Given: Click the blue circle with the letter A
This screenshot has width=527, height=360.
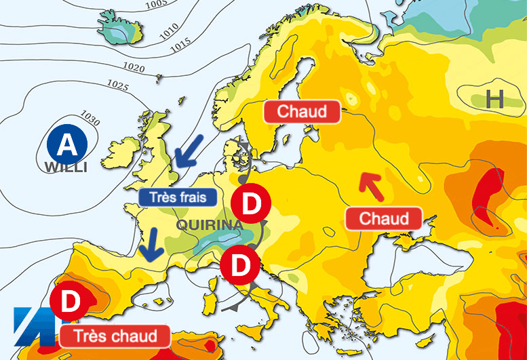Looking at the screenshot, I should pyautogui.click(x=67, y=144).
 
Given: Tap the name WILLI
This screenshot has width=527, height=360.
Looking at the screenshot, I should pyautogui.click(x=66, y=167).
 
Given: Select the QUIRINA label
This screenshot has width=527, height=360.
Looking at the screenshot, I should pyautogui.click(x=210, y=224).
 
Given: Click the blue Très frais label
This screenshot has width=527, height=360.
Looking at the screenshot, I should pyautogui.click(x=178, y=197).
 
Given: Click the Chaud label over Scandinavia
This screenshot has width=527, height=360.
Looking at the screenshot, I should pyautogui.click(x=301, y=111).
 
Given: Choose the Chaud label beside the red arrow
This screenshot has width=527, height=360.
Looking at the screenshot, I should pyautogui.click(x=384, y=218).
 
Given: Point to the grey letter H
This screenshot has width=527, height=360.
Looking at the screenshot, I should pyautogui.click(x=494, y=100).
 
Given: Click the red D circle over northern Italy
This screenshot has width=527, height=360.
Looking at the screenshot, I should pyautogui.click(x=240, y=266).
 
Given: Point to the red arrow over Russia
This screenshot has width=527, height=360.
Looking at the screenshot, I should pyautogui.click(x=371, y=186).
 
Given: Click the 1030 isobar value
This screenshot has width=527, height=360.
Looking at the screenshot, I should pyautogui.click(x=90, y=118).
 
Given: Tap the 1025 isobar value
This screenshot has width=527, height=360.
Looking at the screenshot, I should pyautogui.click(x=117, y=86).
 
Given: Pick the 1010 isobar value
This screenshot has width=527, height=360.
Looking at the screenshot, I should pyautogui.click(x=168, y=27).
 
